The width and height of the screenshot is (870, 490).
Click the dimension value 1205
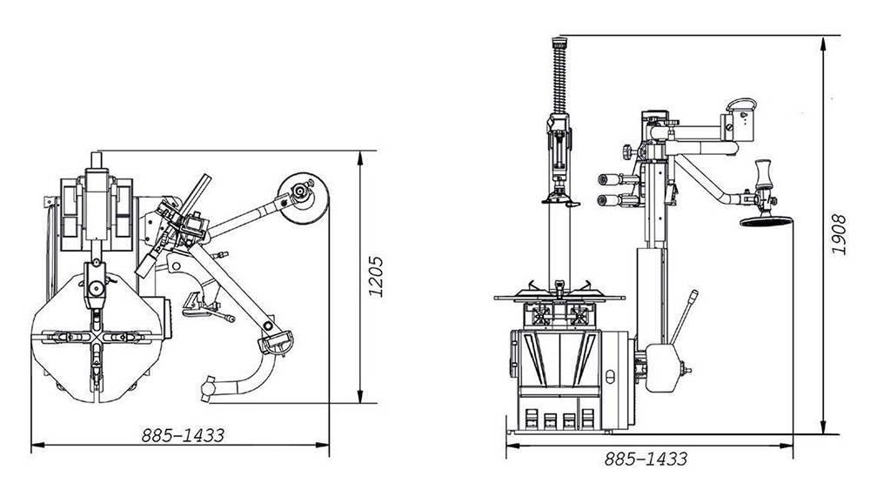[376, 277]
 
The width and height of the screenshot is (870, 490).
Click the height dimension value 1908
[839, 234]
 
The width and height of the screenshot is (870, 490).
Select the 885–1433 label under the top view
[183, 435]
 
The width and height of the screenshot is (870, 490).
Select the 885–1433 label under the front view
[646, 459]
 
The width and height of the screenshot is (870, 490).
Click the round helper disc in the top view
[303, 198]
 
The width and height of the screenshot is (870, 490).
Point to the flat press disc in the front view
[766, 222]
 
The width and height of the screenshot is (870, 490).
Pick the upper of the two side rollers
[608, 179]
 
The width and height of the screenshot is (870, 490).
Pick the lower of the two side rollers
[608, 200]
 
